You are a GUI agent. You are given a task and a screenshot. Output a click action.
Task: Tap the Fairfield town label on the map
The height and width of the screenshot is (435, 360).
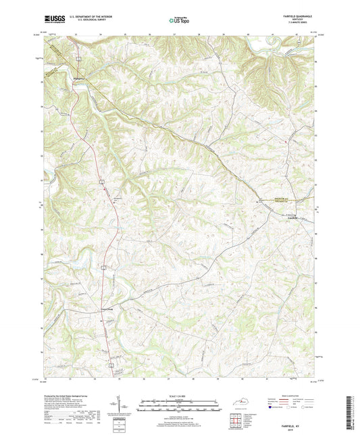(x=289, y=217)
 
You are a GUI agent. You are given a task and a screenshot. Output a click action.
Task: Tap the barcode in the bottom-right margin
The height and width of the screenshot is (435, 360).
(x=352, y=413)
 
